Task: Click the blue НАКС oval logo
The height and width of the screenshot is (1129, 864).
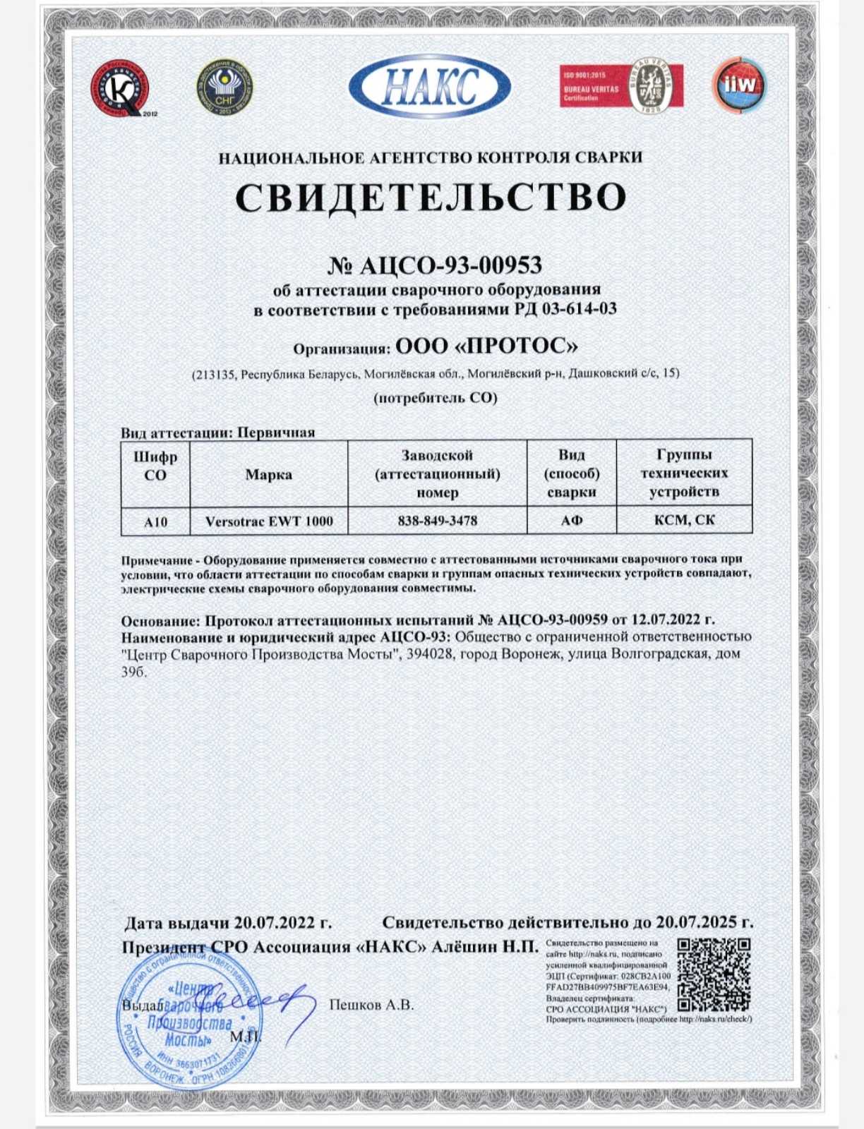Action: [x=430, y=87]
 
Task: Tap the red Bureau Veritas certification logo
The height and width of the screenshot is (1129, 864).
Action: [x=621, y=86]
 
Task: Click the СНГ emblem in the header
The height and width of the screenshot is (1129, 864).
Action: [x=224, y=87]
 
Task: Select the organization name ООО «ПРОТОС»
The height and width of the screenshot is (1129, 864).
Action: [x=487, y=346]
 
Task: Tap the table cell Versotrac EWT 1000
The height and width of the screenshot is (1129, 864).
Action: [x=269, y=521]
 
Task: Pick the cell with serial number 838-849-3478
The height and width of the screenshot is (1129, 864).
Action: [x=438, y=521]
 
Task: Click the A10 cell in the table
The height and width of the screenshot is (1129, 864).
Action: [x=155, y=521]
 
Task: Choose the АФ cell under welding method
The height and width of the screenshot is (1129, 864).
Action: [x=572, y=521]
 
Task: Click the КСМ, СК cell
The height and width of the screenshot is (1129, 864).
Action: [x=684, y=520]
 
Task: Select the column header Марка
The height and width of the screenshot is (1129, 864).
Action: [x=269, y=474]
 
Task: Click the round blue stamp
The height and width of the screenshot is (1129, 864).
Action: [x=189, y=1015]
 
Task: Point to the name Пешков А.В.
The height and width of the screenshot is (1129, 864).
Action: [x=371, y=1005]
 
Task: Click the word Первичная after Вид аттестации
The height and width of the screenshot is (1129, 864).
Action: [x=276, y=433]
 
